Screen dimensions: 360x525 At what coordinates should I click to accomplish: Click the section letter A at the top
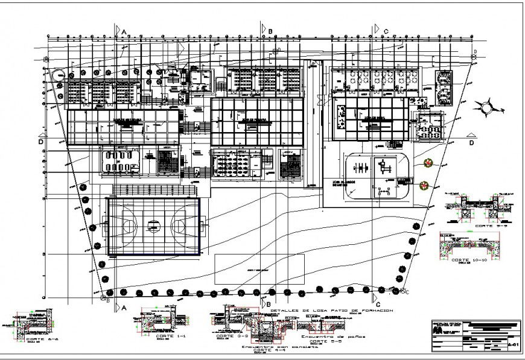[x=124, y=31]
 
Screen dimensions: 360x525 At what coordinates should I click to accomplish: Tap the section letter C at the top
[x=385, y=31]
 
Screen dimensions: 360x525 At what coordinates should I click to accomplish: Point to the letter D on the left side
[x=40, y=142]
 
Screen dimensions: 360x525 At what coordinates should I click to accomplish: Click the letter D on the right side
[x=471, y=143]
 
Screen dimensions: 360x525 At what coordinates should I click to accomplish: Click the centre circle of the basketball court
[x=154, y=226]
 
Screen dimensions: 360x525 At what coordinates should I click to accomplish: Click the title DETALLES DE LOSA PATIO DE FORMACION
[x=331, y=310]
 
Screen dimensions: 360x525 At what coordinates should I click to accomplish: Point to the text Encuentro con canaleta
[x=279, y=347]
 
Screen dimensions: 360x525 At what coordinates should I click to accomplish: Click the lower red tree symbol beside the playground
[x=424, y=185]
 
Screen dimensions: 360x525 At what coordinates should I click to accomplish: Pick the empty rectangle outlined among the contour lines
[x=259, y=270]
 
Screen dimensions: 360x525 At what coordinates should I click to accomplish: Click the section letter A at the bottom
[x=124, y=307]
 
